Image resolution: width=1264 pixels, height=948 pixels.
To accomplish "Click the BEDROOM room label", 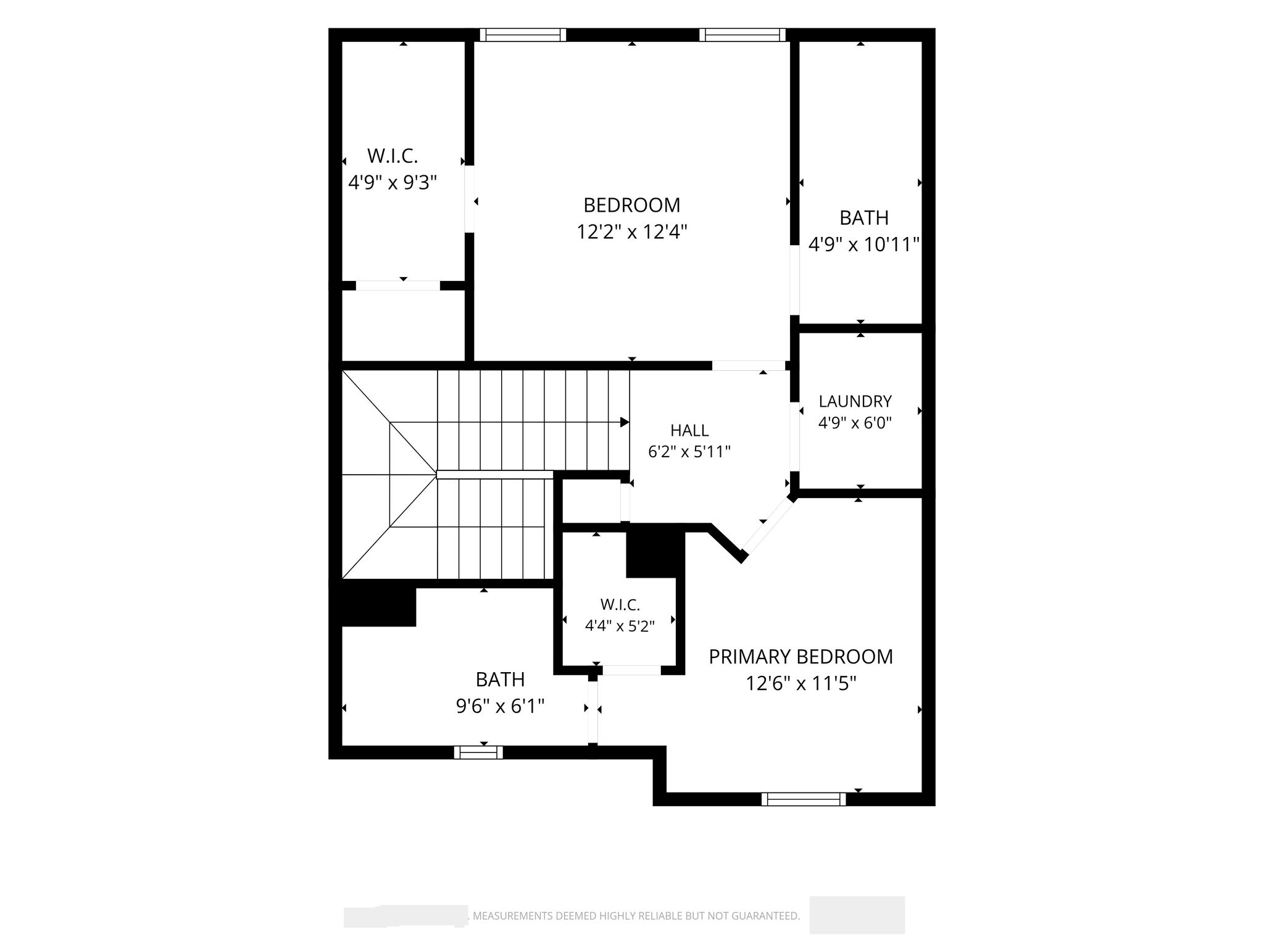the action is coord(631,205).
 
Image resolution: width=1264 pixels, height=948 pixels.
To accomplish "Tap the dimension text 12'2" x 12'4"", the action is coord(631,232).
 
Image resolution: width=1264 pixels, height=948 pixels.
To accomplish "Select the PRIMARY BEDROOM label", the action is coord(800,657).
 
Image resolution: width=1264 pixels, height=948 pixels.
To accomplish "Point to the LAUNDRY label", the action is coord(855,401).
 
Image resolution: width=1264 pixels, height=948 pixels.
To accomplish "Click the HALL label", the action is coord(689,430).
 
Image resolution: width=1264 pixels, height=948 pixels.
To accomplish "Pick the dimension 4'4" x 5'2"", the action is coord(620,626).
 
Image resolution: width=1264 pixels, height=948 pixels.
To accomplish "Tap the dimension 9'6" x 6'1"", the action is coord(500,705).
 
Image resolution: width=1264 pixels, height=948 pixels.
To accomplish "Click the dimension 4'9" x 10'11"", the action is coord(864,245).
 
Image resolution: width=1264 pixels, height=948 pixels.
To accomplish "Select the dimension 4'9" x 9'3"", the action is coord(393,183).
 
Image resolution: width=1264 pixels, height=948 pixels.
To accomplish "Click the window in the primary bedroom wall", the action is coord(804,799).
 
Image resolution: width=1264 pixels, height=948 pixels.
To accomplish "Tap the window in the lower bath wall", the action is coord(478,752).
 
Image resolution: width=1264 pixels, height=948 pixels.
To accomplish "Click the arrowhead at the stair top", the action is coord(625,422).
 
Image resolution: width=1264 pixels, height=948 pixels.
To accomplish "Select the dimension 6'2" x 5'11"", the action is coord(689,452).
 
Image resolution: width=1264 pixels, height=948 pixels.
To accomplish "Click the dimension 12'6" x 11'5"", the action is coord(800,684).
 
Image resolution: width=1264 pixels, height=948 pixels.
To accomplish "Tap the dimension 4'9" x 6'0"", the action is coord(855,423).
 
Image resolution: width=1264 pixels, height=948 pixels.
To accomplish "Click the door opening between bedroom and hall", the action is coord(749,365).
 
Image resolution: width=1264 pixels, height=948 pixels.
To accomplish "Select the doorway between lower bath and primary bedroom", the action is coord(592,712).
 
